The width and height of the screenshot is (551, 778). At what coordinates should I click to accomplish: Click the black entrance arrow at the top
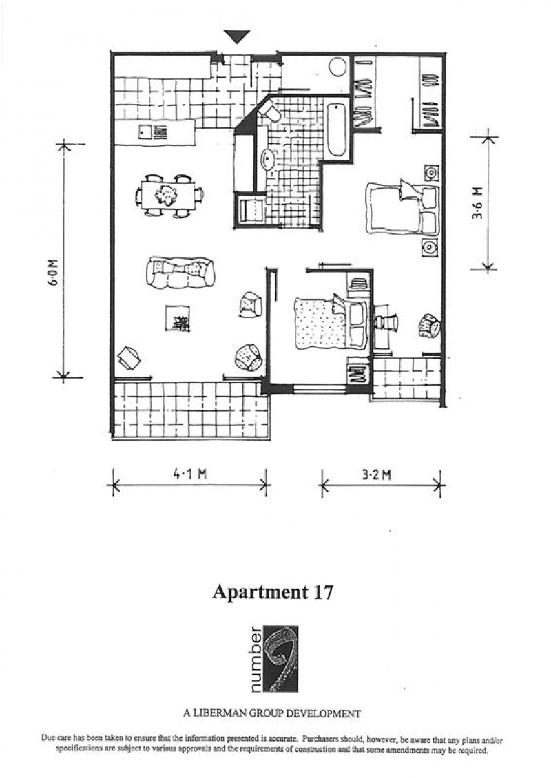point(236,37)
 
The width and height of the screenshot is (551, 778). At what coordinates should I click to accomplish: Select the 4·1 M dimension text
point(190,474)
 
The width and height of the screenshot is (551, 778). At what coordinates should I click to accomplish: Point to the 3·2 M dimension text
point(376,475)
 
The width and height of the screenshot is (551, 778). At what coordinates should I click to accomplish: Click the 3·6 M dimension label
point(477,202)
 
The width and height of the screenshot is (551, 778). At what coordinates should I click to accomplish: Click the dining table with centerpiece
point(168,196)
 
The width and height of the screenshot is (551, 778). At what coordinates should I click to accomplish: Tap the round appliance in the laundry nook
point(337,67)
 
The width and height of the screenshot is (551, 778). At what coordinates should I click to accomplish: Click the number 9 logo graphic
point(280,658)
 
